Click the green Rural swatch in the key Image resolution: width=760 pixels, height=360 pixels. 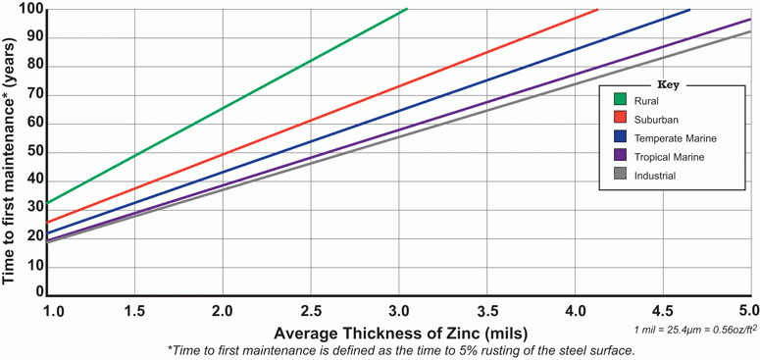[620, 98]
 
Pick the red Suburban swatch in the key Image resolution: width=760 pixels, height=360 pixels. [620, 118]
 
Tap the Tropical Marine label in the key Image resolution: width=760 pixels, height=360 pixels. [667, 156]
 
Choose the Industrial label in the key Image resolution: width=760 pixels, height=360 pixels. [655, 176]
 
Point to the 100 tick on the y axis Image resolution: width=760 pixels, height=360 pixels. [30, 9]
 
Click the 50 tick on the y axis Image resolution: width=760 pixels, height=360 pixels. [34, 151]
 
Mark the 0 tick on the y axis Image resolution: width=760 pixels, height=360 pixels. [39, 291]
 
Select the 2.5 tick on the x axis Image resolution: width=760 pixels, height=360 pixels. [310, 310]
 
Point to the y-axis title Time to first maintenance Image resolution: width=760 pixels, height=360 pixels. [10, 147]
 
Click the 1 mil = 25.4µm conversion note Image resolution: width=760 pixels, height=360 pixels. [696, 331]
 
